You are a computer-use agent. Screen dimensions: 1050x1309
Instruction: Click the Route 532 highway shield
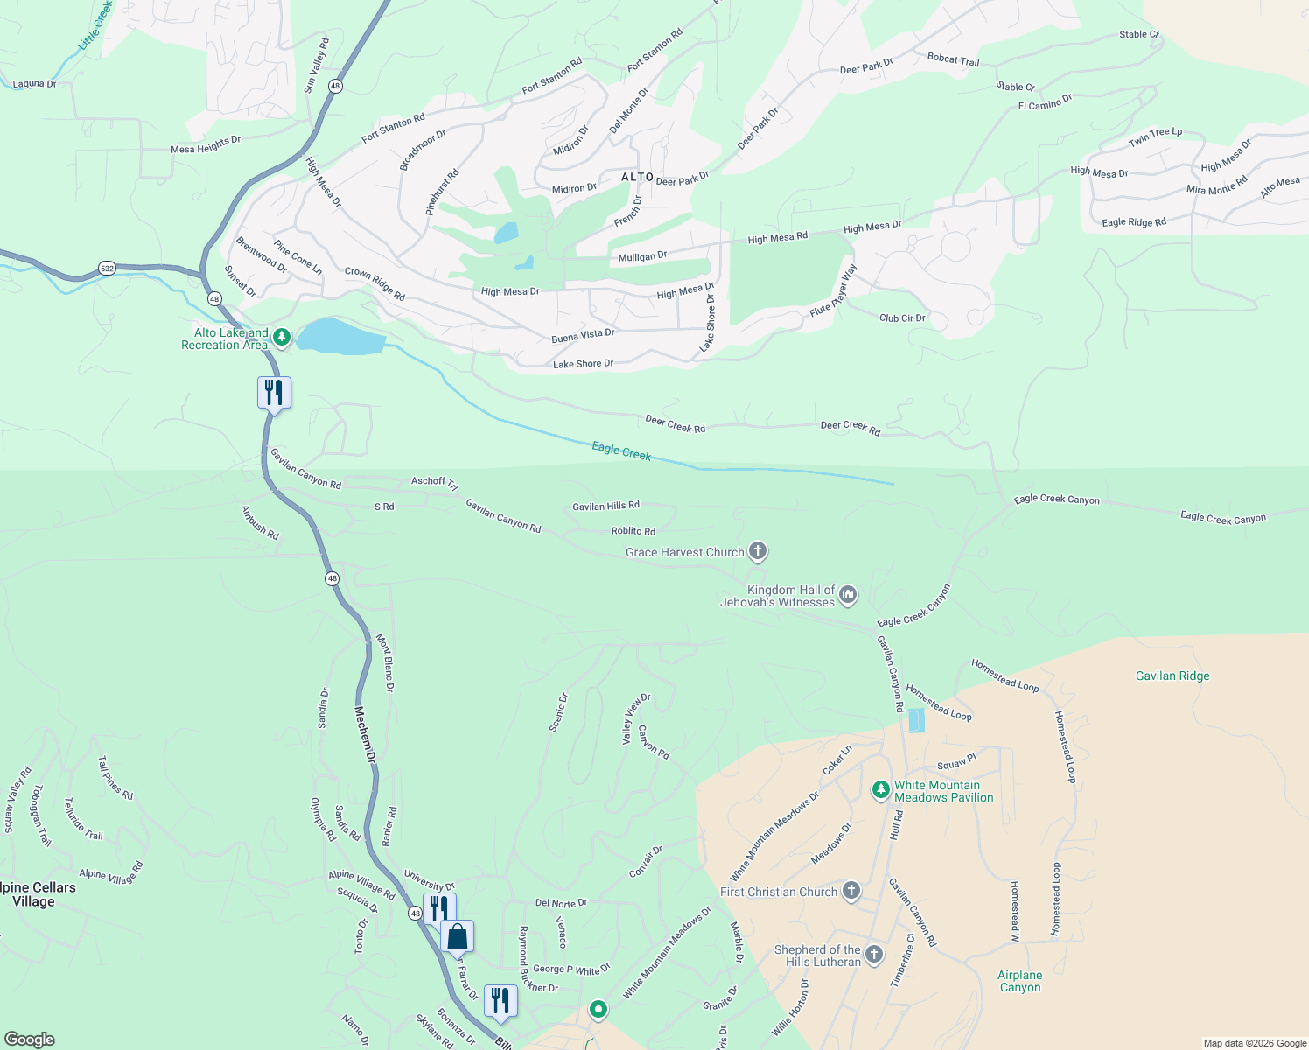[107, 269]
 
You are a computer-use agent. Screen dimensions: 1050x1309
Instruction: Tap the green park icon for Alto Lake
[281, 337]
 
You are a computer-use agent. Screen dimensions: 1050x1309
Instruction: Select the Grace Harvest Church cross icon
[758, 551]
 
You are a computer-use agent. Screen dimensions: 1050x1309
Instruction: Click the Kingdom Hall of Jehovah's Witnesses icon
[847, 596]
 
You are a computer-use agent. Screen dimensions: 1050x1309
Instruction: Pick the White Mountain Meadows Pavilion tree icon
[881, 791]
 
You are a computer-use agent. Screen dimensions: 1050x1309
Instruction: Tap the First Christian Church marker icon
[850, 892]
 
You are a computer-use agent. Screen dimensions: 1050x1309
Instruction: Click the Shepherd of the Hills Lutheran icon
[874, 954]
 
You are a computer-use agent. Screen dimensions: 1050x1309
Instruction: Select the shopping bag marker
[457, 936]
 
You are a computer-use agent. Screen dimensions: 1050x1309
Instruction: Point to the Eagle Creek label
[621, 451]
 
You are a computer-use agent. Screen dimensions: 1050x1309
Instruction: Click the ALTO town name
[638, 177]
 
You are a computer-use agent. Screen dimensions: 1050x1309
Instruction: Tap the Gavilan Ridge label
[1172, 675]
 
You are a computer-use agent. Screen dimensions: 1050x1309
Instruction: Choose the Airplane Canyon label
[1020, 981]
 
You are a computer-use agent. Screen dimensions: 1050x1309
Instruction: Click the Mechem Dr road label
[366, 733]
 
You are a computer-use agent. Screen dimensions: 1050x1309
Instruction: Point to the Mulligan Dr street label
[642, 257]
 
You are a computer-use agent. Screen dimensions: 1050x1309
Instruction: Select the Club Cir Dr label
[902, 318]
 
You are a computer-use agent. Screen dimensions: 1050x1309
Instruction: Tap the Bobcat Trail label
[953, 59]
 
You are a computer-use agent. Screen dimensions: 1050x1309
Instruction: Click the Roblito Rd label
[633, 531]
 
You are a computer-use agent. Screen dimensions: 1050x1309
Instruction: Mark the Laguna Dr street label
[35, 84]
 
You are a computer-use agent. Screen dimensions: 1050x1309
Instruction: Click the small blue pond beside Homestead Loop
[916, 721]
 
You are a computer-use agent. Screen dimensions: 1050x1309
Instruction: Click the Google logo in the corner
[30, 1039]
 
